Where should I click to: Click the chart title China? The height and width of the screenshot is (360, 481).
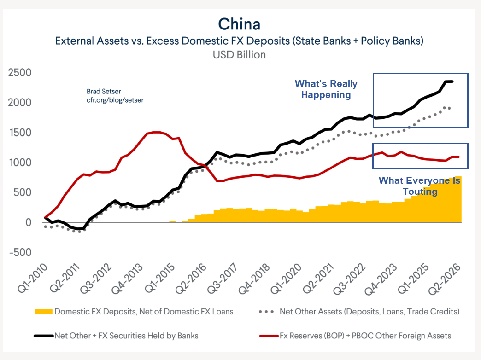coord(239,24)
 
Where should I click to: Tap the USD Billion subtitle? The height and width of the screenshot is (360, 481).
coord(239,55)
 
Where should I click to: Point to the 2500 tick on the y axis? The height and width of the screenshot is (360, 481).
coord(20,73)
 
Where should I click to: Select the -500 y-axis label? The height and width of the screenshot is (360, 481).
coord(21,252)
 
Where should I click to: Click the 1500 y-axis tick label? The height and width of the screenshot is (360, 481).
coord(20,133)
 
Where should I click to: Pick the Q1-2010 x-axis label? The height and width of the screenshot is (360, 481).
coord(33,278)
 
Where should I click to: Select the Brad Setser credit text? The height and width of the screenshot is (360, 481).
coord(104,91)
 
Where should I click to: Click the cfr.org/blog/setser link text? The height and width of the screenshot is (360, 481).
coord(115,100)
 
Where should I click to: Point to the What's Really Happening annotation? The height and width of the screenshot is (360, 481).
coord(326,89)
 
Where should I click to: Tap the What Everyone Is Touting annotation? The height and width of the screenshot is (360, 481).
coord(420,186)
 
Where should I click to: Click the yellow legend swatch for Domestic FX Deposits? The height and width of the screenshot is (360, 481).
coord(44,312)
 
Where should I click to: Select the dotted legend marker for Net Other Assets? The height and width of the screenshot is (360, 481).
coord(266,312)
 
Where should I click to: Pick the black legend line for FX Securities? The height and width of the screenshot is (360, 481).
coord(44,336)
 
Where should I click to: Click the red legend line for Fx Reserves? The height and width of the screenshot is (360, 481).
coord(269,336)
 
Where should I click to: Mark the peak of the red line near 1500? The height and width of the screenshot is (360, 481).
coord(157,132)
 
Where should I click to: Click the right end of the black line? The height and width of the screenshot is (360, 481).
coord(452,81)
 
